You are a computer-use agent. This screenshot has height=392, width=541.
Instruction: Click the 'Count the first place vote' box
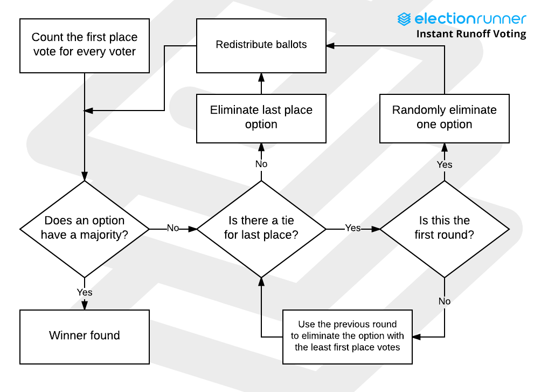pyautogui.click(x=85, y=46)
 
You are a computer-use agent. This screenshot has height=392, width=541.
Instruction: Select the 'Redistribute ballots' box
pyautogui.click(x=261, y=46)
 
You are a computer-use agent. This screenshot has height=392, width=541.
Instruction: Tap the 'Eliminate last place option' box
pyautogui.click(x=261, y=119)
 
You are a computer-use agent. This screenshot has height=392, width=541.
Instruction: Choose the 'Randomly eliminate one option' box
pyautogui.click(x=445, y=119)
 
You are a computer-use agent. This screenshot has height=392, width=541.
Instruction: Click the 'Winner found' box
pyautogui.click(x=85, y=337)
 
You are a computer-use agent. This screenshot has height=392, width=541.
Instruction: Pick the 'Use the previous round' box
pyautogui.click(x=348, y=337)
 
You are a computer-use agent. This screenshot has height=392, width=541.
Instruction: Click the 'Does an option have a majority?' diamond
pyautogui.click(x=85, y=229)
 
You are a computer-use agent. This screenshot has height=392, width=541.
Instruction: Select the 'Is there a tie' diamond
pyautogui.click(x=261, y=229)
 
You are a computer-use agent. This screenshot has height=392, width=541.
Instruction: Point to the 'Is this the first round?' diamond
pyautogui.click(x=445, y=229)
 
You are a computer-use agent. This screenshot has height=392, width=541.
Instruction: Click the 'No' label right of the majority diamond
pyautogui.click(x=173, y=228)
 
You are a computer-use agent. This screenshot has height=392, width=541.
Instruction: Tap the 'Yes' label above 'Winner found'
pyautogui.click(x=85, y=292)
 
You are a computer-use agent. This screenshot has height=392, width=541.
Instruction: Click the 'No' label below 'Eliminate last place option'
pyautogui.click(x=261, y=164)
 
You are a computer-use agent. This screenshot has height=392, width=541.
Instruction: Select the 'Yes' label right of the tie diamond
pyautogui.click(x=353, y=228)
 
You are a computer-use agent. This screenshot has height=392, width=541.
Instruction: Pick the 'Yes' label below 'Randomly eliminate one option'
pyautogui.click(x=445, y=164)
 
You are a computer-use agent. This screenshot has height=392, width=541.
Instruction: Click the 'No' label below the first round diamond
pyautogui.click(x=445, y=301)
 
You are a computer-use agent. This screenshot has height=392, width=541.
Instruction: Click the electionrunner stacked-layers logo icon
pyautogui.click(x=404, y=19)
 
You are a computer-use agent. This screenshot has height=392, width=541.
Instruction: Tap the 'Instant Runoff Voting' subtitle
pyautogui.click(x=471, y=34)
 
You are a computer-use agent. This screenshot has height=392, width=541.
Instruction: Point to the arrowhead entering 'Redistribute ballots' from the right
pyautogui.click(x=330, y=46)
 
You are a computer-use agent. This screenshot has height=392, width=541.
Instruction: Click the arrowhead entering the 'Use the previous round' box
pyautogui.click(x=417, y=337)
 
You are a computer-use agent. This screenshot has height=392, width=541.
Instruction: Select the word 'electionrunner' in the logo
pyautogui.click(x=470, y=19)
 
